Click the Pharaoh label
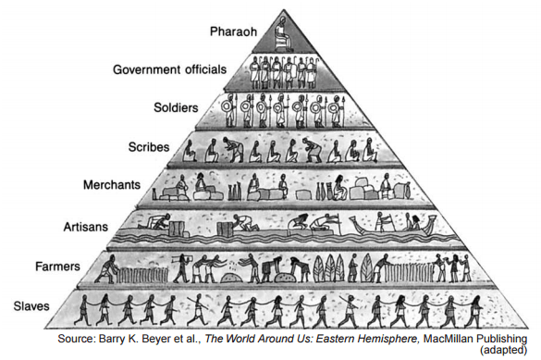pyautogui.click(x=234, y=31)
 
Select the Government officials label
pyautogui.click(x=170, y=69)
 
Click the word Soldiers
pyautogui.click(x=176, y=107)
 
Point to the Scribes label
pyautogui.click(x=149, y=147)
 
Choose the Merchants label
pyautogui.click(x=112, y=185)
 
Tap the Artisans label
pyautogui.click(x=86, y=227)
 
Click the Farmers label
pyautogui.click(x=57, y=267)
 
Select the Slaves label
pyautogui.click(x=31, y=306)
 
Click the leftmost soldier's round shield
pyautogui.click(x=227, y=107)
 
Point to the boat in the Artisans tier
pyautogui.click(x=393, y=226)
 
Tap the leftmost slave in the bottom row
pyautogui.click(x=83, y=310)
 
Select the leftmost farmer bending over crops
pyautogui.click(x=107, y=268)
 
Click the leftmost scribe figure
pyautogui.click(x=189, y=151)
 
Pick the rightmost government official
pyautogui.click(x=313, y=72)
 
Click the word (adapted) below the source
pyautogui.click(x=503, y=351)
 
